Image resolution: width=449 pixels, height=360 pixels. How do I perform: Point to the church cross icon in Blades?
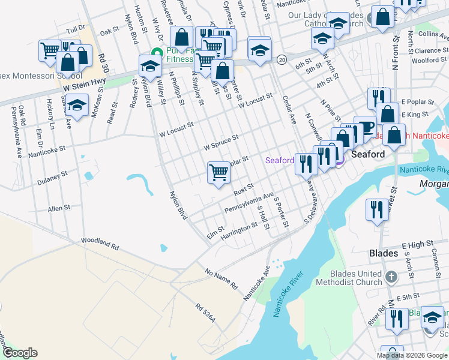392,277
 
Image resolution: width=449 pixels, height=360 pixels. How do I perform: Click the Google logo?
20,353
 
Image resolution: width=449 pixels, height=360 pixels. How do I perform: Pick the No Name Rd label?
221,280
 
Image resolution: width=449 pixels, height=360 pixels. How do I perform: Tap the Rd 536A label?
205,314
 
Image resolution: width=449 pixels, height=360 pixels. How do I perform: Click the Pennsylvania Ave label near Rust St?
249,203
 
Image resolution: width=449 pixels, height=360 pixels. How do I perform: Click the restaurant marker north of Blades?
376,209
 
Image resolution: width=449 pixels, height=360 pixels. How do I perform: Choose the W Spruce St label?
221,142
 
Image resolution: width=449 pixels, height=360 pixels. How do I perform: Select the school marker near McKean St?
77,104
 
